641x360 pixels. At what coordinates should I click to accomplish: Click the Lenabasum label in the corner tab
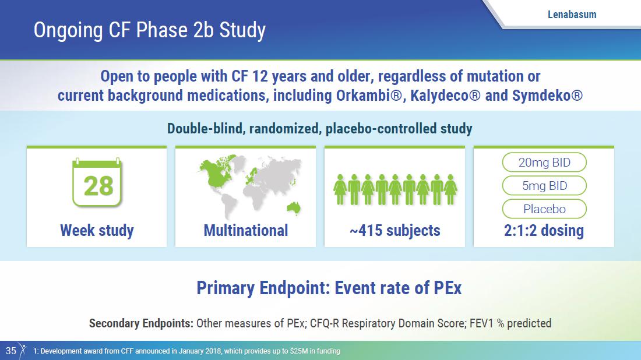click(x=572, y=15)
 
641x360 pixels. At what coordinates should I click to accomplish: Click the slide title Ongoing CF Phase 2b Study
click(x=150, y=30)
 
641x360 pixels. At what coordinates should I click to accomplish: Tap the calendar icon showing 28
click(x=97, y=183)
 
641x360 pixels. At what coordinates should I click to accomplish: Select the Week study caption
click(x=97, y=231)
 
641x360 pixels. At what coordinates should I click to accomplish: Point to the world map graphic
click(x=250, y=186)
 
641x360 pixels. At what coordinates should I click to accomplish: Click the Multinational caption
click(x=246, y=231)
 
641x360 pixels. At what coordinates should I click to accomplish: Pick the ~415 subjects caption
click(x=395, y=231)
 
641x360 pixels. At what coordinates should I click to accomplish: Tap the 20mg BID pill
click(x=544, y=163)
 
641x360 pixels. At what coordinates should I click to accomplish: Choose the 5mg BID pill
click(x=544, y=186)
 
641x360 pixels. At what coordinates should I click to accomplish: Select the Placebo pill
click(x=544, y=209)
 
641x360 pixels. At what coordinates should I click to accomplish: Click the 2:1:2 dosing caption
click(x=544, y=231)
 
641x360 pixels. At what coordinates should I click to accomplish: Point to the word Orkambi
click(x=369, y=96)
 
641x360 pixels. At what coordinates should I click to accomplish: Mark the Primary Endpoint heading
click(x=329, y=288)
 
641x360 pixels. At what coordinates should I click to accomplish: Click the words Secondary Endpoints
click(x=141, y=323)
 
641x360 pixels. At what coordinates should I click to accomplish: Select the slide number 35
click(x=10, y=351)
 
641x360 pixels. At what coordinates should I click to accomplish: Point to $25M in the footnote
click(x=297, y=351)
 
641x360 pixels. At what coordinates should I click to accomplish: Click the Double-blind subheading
click(x=320, y=129)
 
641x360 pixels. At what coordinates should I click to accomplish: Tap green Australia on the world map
click(x=294, y=208)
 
